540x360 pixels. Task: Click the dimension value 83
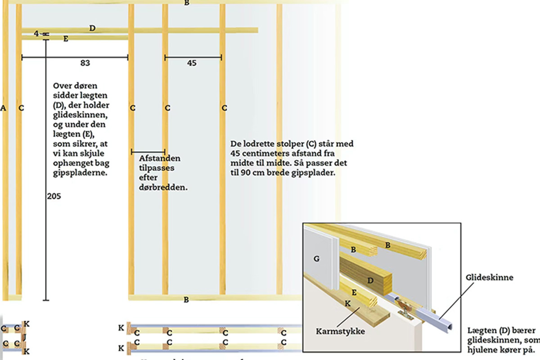(85, 63)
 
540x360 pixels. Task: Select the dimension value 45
(192, 63)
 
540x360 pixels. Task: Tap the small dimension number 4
(36, 33)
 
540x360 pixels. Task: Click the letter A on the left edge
(3, 108)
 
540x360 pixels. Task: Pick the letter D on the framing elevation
(92, 28)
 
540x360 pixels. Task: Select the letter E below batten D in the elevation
(66, 39)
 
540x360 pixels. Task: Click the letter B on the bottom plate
(186, 300)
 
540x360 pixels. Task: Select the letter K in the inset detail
(347, 303)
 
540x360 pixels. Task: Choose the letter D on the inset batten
(370, 280)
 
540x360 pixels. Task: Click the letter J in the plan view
(25, 337)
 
